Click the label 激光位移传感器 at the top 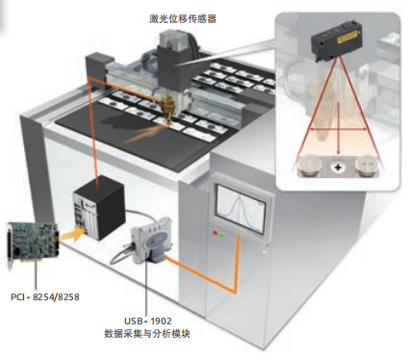click(183, 18)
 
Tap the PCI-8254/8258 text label click(45, 296)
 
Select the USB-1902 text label click(147, 321)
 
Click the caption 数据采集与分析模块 click(147, 333)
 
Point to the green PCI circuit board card click(32, 244)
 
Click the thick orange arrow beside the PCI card click(69, 235)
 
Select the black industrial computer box click(98, 207)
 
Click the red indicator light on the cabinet click(215, 233)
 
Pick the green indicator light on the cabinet click(222, 236)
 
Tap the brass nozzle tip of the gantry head click(168, 109)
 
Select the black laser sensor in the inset click(336, 39)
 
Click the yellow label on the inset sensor click(346, 39)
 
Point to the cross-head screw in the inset click(338, 167)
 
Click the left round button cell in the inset click(311, 166)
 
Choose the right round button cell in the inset click(367, 166)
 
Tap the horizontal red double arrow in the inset click(339, 129)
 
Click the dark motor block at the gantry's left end click(98, 68)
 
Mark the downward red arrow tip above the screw click(339, 155)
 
